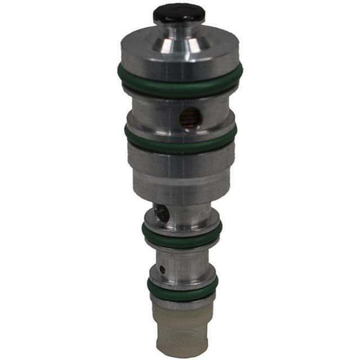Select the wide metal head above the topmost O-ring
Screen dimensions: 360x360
[179, 53]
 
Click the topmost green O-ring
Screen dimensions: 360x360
[180, 82]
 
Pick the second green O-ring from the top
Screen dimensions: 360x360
[181, 140]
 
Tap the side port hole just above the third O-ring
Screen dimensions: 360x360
[159, 212]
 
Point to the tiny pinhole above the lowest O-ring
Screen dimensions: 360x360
[163, 269]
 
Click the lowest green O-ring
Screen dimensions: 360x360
[182, 287]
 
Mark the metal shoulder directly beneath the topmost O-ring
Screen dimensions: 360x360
[180, 96]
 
